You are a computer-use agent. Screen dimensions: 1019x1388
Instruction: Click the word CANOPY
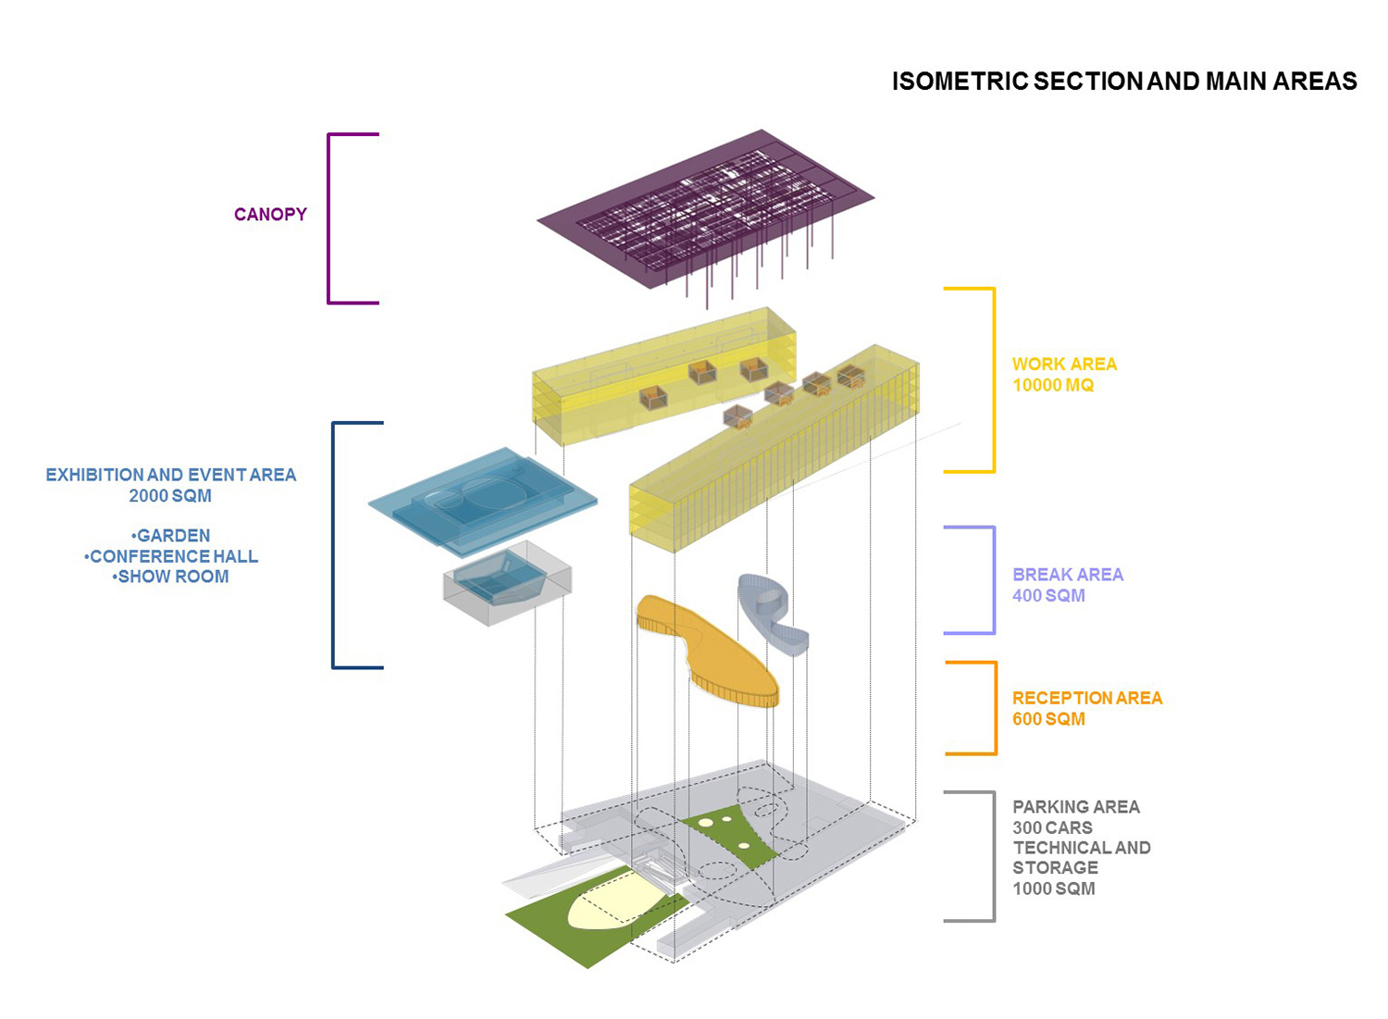click(x=270, y=215)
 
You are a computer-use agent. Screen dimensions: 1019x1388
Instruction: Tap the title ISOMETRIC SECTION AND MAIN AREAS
click(x=1123, y=81)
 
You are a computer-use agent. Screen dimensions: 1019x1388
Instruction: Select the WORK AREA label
click(x=1064, y=365)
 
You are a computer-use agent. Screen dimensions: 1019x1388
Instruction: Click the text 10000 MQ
click(x=1053, y=386)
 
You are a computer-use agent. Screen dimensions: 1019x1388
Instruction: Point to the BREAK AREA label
click(x=1068, y=575)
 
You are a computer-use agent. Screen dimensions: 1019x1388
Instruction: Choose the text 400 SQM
click(x=1048, y=596)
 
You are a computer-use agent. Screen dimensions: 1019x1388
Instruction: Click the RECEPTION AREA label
click(x=1087, y=699)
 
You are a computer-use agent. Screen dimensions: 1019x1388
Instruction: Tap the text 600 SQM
click(x=1048, y=719)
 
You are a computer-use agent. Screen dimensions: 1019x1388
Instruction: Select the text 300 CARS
click(x=1052, y=828)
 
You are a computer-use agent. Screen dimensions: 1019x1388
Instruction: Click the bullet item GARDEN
click(x=171, y=536)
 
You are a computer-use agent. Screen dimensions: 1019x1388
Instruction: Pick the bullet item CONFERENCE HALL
click(x=172, y=556)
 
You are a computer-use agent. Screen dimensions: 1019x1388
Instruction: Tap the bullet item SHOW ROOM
click(x=171, y=577)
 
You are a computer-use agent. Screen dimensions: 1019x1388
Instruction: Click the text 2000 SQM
click(x=170, y=496)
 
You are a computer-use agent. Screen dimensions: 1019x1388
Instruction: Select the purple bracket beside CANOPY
click(x=330, y=218)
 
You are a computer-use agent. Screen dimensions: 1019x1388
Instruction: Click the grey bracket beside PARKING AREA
click(x=992, y=856)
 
